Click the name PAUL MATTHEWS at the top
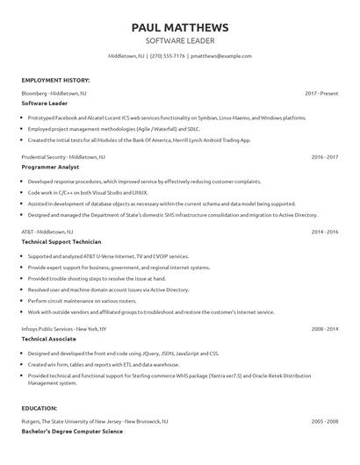[x=179, y=27]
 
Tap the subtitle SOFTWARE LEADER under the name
[x=179, y=40]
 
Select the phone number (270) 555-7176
[x=167, y=55]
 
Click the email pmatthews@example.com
[x=221, y=55]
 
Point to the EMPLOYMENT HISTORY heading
[x=55, y=79]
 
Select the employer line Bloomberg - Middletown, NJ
[x=54, y=92]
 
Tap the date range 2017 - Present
[x=321, y=92]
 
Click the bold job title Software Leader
[x=45, y=103]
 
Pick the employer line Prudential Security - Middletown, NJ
[x=63, y=156]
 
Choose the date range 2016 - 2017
[x=325, y=156]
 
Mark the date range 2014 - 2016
[x=325, y=232]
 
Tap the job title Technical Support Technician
[x=61, y=241]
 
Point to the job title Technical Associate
[x=49, y=339]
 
